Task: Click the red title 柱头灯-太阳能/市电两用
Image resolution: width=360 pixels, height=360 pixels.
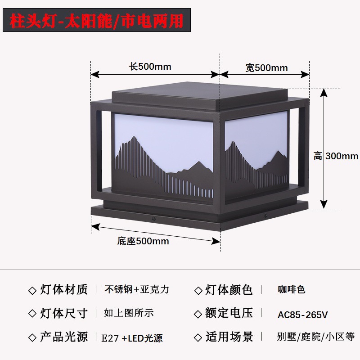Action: click(x=97, y=21)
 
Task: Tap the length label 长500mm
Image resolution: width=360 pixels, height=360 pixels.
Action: click(x=150, y=67)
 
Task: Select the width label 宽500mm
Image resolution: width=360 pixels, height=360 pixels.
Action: click(x=266, y=68)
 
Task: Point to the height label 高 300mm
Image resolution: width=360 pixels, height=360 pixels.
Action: click(x=336, y=156)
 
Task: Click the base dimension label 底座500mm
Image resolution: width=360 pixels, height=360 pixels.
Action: click(x=143, y=241)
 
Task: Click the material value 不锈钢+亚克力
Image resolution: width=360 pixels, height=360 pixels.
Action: click(x=137, y=289)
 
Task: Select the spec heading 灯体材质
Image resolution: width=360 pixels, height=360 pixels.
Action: click(x=64, y=289)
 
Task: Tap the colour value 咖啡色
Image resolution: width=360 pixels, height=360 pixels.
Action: click(x=291, y=289)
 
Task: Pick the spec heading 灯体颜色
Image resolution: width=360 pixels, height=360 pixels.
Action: click(x=229, y=290)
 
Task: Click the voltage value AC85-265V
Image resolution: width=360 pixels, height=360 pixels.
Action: click(x=302, y=314)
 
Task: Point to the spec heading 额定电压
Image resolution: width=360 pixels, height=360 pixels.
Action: click(x=229, y=313)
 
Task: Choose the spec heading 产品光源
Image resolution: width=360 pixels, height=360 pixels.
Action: click(x=64, y=337)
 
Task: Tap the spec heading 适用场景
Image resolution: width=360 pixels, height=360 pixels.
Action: click(x=229, y=337)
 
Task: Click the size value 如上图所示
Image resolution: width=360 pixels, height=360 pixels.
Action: click(x=129, y=313)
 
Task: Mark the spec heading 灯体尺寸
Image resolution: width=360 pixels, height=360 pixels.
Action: click(x=64, y=313)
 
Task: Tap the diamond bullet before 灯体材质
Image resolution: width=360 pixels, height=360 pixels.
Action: click(x=32, y=290)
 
